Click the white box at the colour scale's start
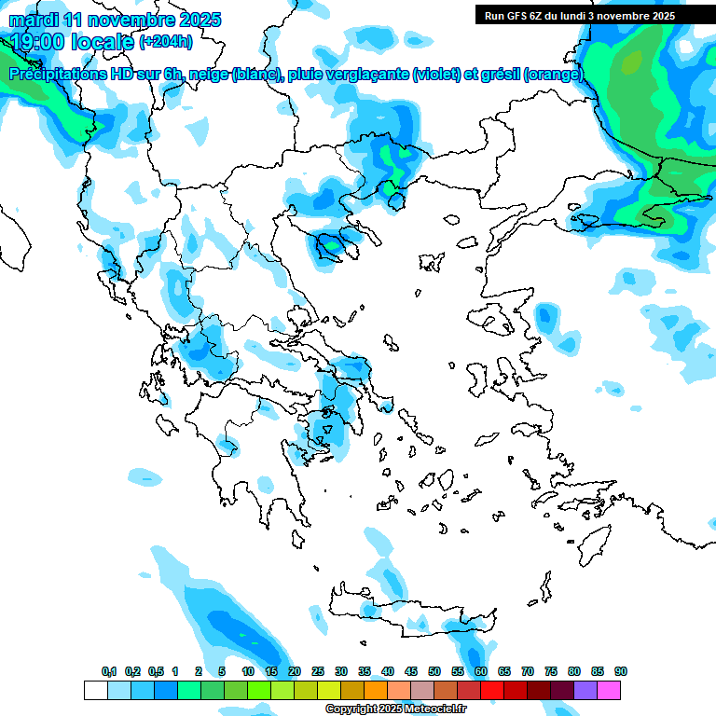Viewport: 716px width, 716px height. [x=96, y=690]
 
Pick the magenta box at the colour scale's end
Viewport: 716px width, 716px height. [x=609, y=690]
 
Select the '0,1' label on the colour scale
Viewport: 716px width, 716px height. [x=109, y=671]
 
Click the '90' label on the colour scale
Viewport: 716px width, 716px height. [x=621, y=671]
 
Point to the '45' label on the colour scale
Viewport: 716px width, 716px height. [x=411, y=671]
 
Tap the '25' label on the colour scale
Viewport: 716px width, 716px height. [x=318, y=671]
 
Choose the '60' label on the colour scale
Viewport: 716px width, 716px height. [x=481, y=671]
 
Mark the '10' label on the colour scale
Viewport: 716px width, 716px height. [x=248, y=671]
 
